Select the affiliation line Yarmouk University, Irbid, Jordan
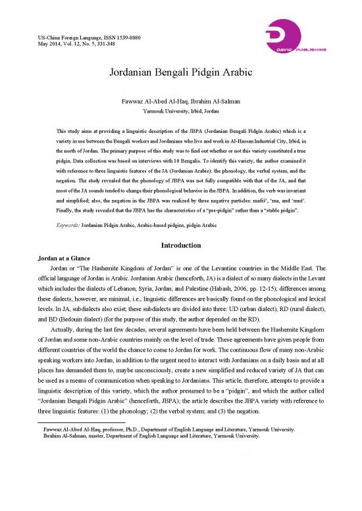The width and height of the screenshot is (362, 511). (x=180, y=112)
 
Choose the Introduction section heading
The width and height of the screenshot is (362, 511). (x=180, y=245)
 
